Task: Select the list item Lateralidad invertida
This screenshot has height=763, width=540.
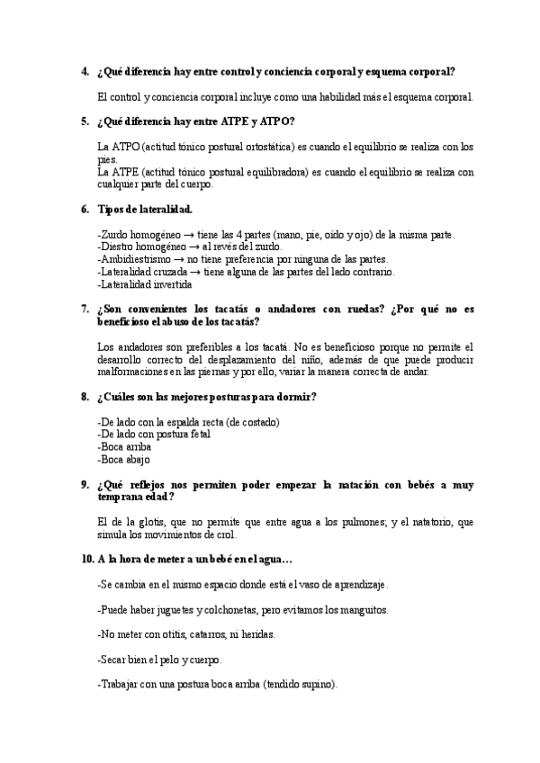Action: coord(143,284)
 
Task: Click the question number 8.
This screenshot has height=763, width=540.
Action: coord(84,397)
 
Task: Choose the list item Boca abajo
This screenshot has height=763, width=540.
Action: coord(124,459)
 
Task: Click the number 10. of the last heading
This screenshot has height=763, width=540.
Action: coord(87,559)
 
